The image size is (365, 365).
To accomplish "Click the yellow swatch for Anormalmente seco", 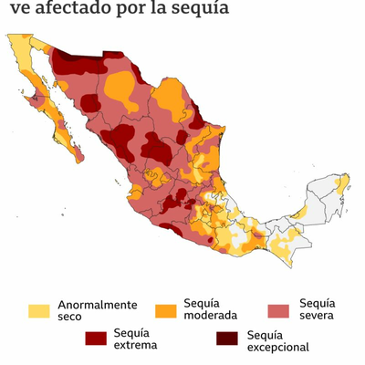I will tap(39, 310).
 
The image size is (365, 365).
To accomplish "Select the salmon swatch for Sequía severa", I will tap(280, 310).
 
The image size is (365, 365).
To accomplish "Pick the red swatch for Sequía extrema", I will tap(96, 338).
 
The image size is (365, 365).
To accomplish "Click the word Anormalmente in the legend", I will tap(98, 305).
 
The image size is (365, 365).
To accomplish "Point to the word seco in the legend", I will tap(69, 318).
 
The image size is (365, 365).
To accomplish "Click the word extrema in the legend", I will tap(136, 345).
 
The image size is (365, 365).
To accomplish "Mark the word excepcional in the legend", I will tap(278, 347).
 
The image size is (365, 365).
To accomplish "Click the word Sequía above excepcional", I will tap(266, 334).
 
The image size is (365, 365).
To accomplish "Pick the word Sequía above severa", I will tap(317, 303).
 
